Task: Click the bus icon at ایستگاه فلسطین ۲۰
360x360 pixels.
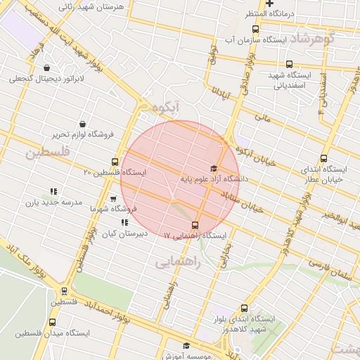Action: [115, 162]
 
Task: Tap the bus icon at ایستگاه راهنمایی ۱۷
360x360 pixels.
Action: [195, 226]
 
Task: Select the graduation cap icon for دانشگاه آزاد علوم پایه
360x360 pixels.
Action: [214, 168]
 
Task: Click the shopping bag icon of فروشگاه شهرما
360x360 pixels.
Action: [113, 199]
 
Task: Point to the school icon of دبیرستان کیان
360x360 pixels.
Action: [124, 222]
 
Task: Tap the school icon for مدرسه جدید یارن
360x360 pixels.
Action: [53, 191]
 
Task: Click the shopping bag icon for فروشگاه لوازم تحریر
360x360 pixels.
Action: [83, 124]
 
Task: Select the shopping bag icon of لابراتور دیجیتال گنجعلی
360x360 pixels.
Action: [46, 68]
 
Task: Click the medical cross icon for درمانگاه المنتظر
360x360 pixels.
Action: [269, 4]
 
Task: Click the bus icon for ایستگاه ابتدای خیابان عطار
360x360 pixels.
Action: [323, 158]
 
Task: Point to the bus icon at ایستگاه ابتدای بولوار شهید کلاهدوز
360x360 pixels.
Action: [244, 308]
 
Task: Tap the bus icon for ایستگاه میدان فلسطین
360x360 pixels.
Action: [52, 323]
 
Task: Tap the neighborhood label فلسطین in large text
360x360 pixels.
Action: [48, 152]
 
